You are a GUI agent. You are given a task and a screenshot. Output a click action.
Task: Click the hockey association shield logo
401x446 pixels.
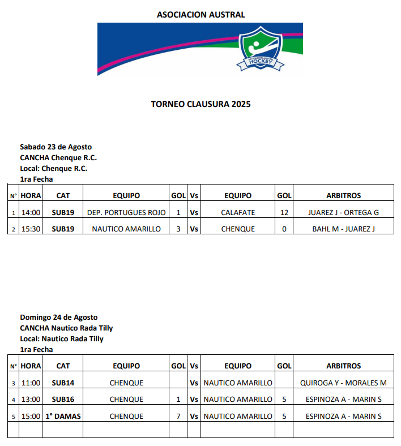(x=260, y=49)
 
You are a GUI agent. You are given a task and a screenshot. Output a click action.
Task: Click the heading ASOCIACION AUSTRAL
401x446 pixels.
(x=200, y=15)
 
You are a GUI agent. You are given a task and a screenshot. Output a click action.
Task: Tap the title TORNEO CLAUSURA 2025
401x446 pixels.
(x=200, y=104)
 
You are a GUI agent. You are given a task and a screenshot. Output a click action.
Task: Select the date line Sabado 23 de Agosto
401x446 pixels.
(x=56, y=147)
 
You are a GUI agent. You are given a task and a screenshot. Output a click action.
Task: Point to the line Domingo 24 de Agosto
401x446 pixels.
(x=59, y=318)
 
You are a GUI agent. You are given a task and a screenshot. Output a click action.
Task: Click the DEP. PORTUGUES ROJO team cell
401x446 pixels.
(x=126, y=213)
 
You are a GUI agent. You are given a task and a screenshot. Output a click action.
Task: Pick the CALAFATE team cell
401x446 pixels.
(x=238, y=213)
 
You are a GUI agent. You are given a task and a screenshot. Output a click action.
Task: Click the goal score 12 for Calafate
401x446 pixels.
(x=284, y=213)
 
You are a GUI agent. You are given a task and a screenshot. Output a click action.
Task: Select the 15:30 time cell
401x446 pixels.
(x=31, y=229)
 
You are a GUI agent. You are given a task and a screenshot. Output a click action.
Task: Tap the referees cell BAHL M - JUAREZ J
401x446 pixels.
(x=343, y=229)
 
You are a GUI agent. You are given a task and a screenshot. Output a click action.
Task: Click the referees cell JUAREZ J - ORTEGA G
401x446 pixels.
(x=343, y=213)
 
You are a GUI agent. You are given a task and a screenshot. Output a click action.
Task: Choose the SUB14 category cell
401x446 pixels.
(x=63, y=383)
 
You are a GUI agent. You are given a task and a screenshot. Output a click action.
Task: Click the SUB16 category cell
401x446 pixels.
(x=63, y=400)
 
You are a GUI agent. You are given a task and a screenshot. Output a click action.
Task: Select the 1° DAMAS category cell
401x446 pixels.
(x=63, y=417)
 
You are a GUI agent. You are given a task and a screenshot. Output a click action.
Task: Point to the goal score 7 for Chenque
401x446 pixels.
(x=178, y=417)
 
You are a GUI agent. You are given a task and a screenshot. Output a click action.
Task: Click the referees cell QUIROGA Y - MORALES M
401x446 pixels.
(x=343, y=383)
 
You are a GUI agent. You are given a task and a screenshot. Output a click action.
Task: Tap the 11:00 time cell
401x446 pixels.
(x=31, y=383)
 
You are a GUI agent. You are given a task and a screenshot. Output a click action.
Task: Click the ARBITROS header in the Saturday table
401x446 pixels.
(x=343, y=196)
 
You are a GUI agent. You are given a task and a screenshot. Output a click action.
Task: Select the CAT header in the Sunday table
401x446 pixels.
(x=63, y=366)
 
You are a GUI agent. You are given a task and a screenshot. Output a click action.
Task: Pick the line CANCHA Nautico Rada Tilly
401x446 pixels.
(x=66, y=328)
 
